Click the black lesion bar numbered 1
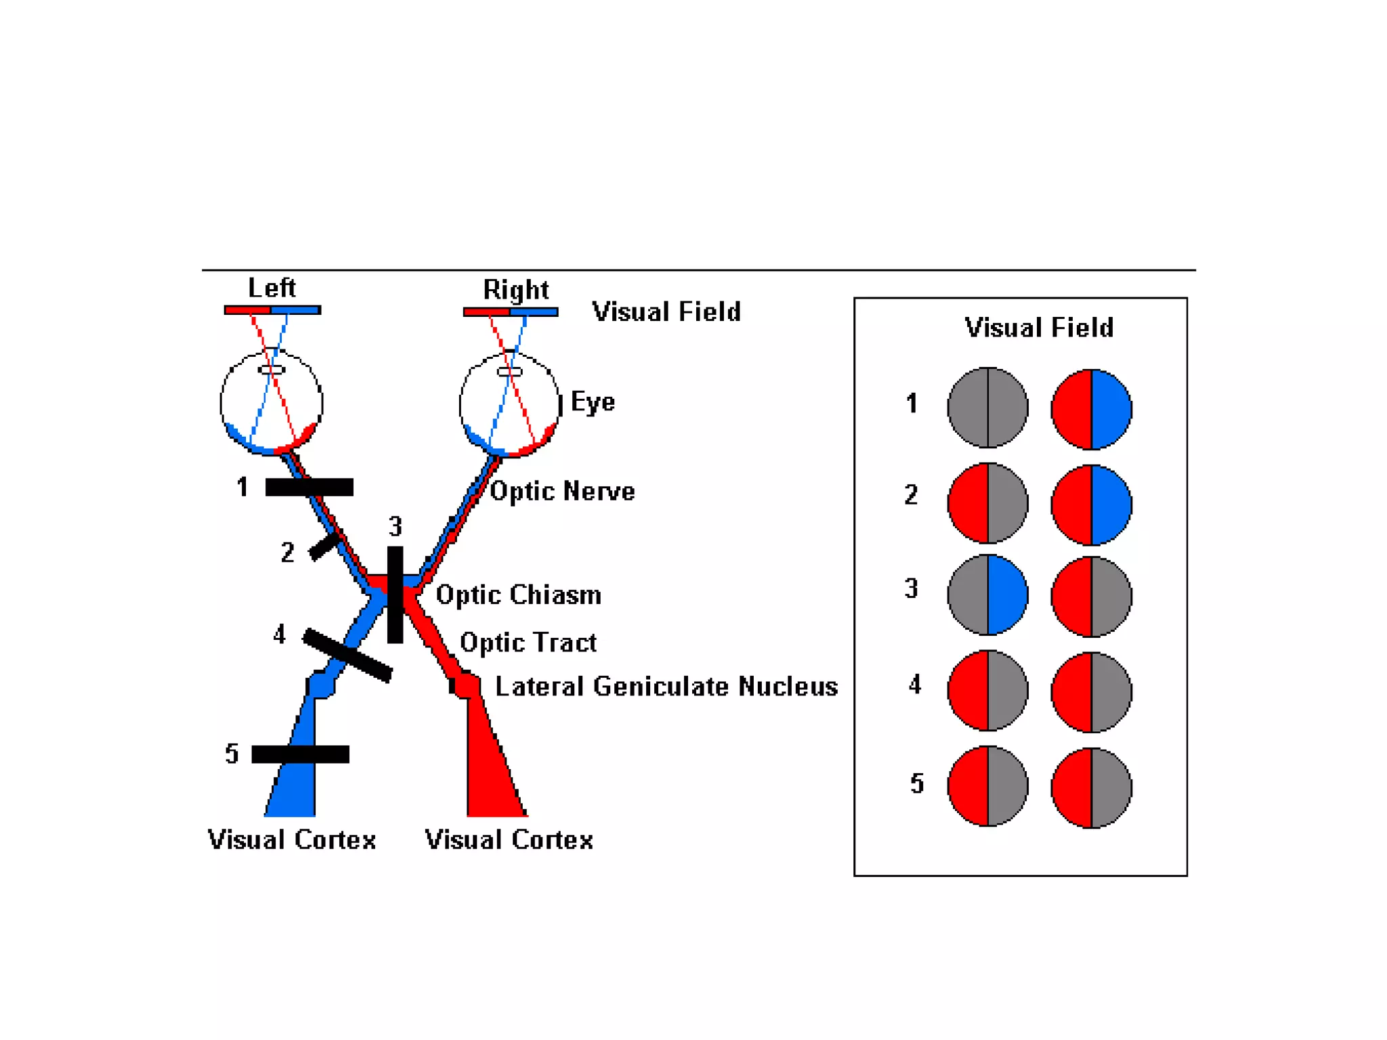click(309, 487)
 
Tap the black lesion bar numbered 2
click(324, 546)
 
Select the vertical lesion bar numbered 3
click(395, 594)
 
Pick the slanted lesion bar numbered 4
click(347, 654)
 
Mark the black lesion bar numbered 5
click(300, 754)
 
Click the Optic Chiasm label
click(518, 594)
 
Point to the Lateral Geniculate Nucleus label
click(666, 686)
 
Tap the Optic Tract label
click(528, 642)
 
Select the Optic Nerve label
click(562, 491)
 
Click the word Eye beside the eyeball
click(593, 402)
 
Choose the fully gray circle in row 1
click(987, 408)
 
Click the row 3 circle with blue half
click(987, 594)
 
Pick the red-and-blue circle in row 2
click(1091, 504)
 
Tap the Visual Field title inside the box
click(1039, 328)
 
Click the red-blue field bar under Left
click(272, 309)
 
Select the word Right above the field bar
click(515, 290)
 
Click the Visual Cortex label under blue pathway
click(291, 840)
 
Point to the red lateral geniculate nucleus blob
click(466, 685)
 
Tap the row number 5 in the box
click(916, 783)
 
